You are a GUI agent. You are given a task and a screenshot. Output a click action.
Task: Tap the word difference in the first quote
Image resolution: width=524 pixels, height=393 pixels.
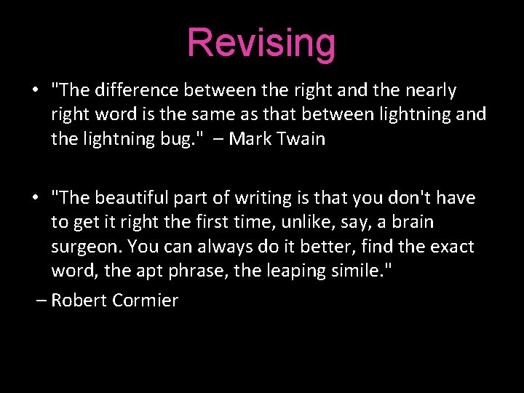tap(136, 90)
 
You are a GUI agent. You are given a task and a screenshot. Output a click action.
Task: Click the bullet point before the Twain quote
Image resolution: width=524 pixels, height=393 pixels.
tap(35, 91)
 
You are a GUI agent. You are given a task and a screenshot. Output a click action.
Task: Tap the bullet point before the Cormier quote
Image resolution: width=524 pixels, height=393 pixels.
tap(35, 199)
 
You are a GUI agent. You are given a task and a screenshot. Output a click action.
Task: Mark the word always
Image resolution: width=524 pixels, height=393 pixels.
tap(206, 247)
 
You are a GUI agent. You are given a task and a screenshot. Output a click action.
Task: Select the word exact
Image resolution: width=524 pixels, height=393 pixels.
tap(451, 247)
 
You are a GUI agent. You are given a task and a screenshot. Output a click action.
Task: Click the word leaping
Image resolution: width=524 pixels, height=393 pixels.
tap(285, 271)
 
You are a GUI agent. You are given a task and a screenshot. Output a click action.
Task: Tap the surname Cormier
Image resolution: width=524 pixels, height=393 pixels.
tap(146, 300)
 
